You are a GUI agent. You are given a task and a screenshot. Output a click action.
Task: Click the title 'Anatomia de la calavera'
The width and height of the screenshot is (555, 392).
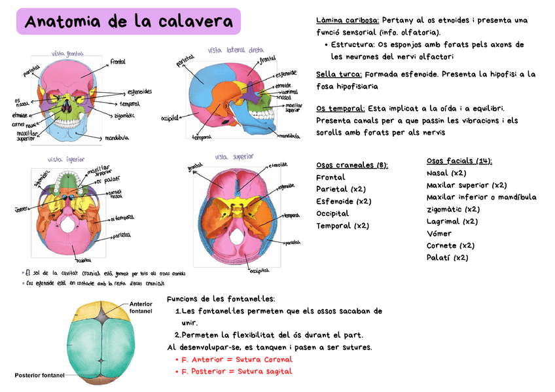[x=128, y=22]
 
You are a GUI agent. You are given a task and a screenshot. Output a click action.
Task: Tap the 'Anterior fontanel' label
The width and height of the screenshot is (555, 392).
[x=141, y=307]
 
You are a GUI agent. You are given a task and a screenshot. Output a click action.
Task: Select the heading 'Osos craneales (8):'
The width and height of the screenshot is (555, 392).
[x=351, y=165]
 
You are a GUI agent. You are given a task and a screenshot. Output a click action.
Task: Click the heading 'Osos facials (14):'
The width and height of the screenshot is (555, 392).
[x=459, y=161]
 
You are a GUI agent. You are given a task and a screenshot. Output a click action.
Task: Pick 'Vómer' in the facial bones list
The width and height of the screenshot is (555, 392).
[x=439, y=233]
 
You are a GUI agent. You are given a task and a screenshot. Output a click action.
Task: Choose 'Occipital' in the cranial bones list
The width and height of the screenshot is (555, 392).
[x=332, y=213]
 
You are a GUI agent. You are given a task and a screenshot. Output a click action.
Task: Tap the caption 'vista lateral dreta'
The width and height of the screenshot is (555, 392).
[x=236, y=50]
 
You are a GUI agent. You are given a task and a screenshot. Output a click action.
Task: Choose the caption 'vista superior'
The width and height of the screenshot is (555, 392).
[x=234, y=157]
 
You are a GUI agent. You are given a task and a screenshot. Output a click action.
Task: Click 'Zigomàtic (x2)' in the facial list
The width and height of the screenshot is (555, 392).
[x=453, y=209]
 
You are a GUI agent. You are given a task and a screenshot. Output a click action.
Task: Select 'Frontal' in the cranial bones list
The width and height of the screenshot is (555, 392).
[x=331, y=177]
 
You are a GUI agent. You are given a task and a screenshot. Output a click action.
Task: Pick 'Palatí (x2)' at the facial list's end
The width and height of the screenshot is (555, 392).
[x=447, y=257]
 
